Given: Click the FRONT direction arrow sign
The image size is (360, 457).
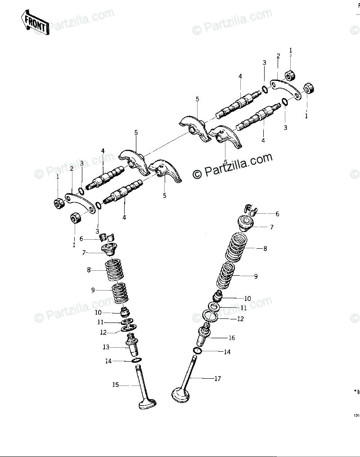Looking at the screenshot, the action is pyautogui.click(x=34, y=23).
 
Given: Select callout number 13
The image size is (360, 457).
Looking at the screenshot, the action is pyautogui.click(x=106, y=347).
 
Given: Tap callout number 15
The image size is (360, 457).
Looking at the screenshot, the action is pyautogui.click(x=116, y=385).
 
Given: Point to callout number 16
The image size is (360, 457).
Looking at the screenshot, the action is pyautogui.click(x=232, y=338).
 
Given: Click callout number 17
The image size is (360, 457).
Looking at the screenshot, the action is pyautogui.click(x=217, y=379).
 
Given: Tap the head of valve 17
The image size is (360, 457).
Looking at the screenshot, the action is pyautogui.click(x=181, y=395).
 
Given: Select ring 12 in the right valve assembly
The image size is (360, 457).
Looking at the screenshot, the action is pyautogui.click(x=212, y=316).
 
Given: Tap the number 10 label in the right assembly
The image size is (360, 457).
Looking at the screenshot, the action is pyautogui.click(x=247, y=298).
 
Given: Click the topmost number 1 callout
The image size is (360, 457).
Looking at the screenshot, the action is pyautogui.click(x=291, y=50).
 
